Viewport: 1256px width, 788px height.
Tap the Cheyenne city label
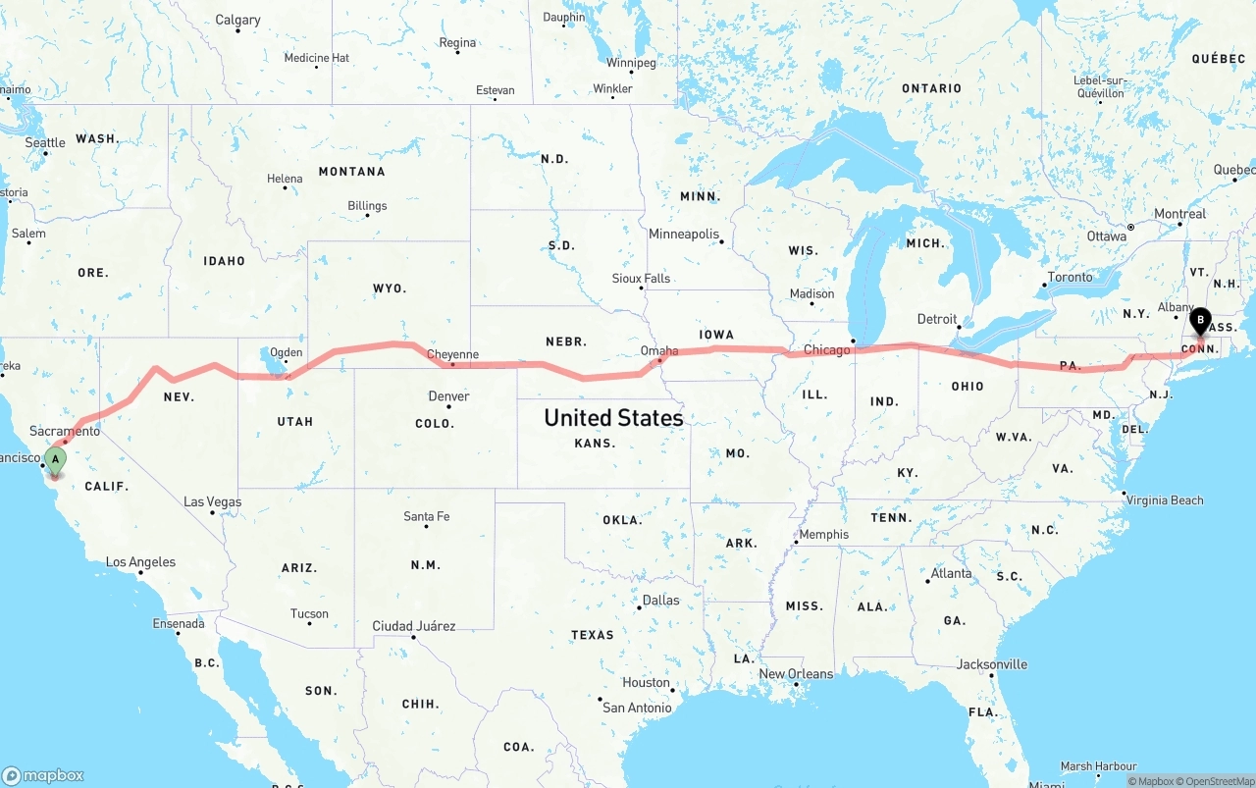point(452,354)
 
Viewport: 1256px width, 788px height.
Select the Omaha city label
point(658,350)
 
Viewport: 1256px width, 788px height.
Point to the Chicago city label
point(826,350)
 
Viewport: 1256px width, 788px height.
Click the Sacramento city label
point(65,431)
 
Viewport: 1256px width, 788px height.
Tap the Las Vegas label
point(212,501)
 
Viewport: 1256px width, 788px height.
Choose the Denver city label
point(448,396)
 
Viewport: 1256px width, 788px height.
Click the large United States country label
point(613,418)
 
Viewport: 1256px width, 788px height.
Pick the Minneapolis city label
point(683,234)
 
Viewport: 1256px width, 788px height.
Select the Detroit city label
point(936,319)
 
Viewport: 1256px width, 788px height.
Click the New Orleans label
point(796,674)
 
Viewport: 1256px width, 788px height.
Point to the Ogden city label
point(286,352)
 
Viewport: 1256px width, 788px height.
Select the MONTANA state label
point(351,172)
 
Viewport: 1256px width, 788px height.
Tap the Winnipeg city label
point(630,63)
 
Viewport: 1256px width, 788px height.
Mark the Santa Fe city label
point(426,516)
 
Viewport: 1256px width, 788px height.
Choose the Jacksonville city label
point(992,664)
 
